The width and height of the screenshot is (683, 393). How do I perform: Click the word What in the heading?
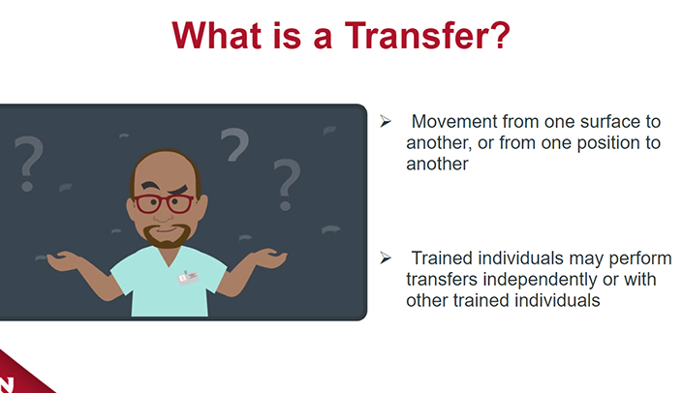[x=216, y=35]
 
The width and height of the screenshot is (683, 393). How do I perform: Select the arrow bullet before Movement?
[x=385, y=121]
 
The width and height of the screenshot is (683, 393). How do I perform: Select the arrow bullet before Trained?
[x=385, y=257]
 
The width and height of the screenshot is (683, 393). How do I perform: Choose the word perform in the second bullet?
[x=639, y=259]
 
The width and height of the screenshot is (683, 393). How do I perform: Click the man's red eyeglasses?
[x=164, y=204]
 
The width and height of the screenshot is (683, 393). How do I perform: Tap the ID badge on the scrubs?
[x=188, y=277]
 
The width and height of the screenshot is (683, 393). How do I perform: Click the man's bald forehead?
[x=164, y=169]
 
